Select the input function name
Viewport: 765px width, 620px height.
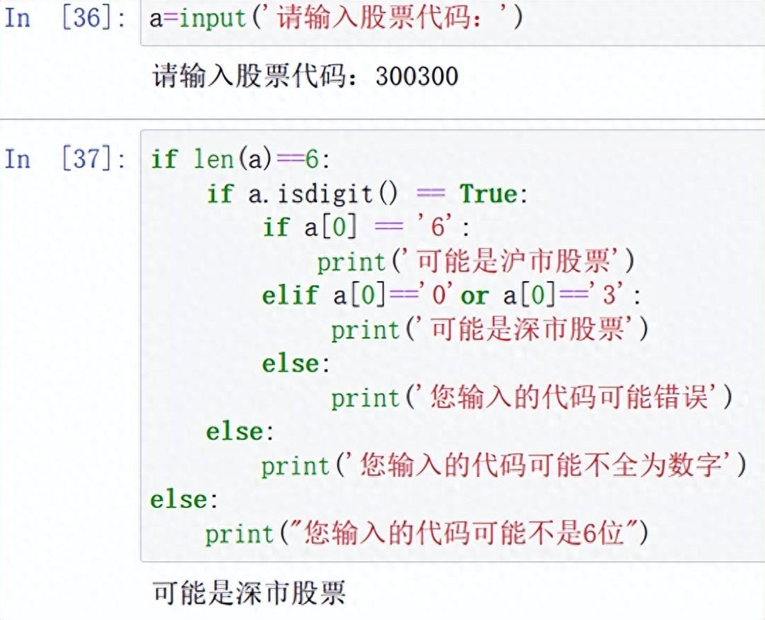coord(213,19)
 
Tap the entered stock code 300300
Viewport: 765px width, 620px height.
coord(417,76)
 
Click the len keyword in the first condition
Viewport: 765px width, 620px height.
coord(213,159)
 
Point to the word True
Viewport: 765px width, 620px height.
coord(489,193)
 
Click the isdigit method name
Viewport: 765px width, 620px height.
coord(325,193)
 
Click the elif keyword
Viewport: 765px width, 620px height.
coord(290,295)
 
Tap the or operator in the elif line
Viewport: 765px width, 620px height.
coord(474,295)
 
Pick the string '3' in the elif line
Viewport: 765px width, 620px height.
coord(608,295)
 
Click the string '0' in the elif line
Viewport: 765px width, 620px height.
coord(438,295)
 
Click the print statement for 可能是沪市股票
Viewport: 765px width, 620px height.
coord(476,262)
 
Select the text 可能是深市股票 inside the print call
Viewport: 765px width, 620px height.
coord(527,329)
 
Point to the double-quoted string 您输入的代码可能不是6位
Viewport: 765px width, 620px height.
coord(464,533)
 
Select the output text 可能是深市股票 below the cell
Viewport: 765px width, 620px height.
coord(249,592)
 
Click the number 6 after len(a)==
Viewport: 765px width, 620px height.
coord(312,159)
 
